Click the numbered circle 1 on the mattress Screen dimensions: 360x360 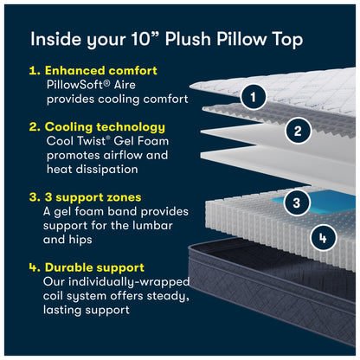[x=252, y=97]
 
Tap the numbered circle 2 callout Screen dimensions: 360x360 [x=297, y=132]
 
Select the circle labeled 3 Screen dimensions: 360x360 [x=297, y=203]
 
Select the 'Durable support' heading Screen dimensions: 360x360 [x=93, y=267]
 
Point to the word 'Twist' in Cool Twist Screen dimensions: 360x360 [x=96, y=141]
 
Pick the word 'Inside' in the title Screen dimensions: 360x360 [x=55, y=39]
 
